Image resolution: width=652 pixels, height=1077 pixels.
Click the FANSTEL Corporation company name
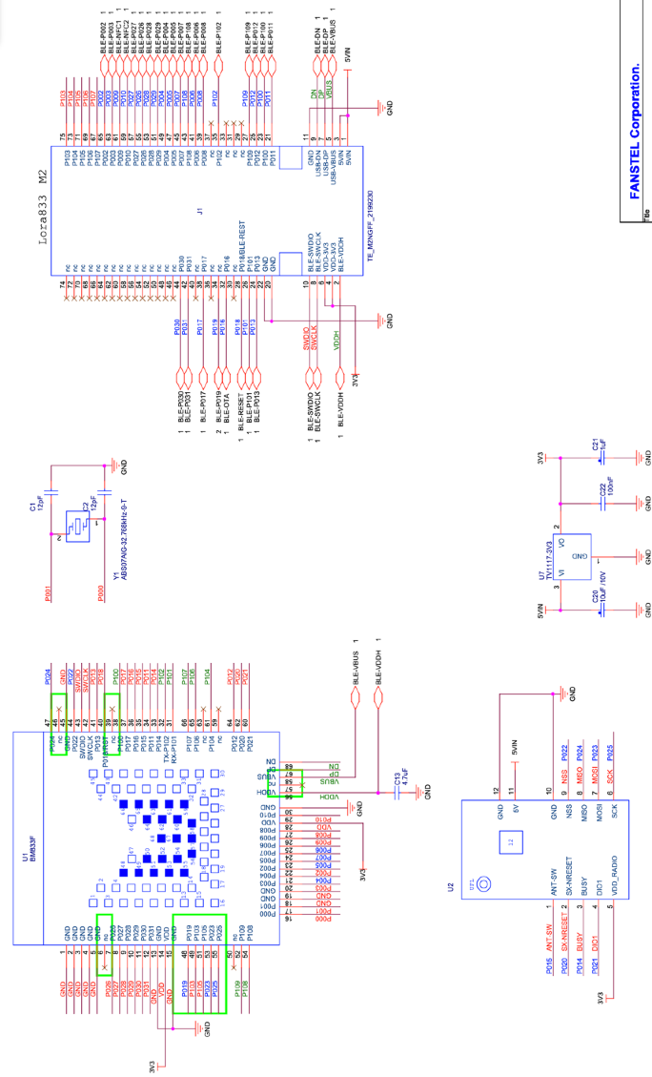636,131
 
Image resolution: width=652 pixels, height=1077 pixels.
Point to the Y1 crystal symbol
75,525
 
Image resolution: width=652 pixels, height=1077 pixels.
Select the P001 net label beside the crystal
48,594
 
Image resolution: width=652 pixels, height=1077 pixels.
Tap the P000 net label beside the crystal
102,594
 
